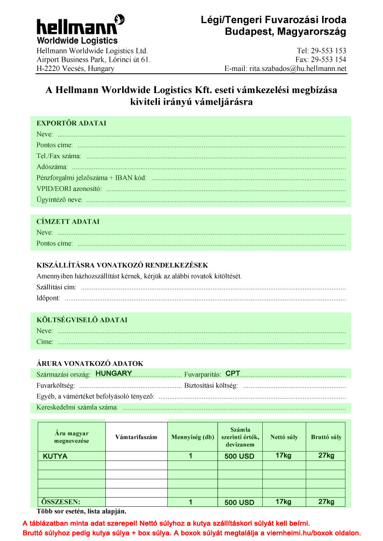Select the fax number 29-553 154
pos(328,60)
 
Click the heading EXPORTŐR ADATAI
pos(71,123)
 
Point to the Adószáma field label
pos(52,167)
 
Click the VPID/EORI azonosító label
pos(69,189)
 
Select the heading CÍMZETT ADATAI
pos(68,222)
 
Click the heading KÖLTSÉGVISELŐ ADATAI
pos(82,320)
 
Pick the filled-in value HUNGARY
pos(114,374)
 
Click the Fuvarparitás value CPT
pos(233,374)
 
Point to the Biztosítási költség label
pos(211,386)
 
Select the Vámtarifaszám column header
pos(136,437)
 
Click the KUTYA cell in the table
pos(55,456)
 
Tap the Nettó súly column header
pos(284,437)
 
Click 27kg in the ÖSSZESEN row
pos(326,501)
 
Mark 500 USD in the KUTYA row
pos(239,456)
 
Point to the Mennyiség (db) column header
pos(192,437)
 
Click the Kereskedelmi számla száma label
pos(77,407)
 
